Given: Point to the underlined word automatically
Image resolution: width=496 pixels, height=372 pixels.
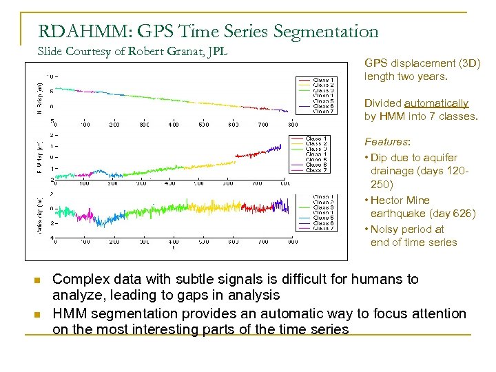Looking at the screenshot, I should [437, 103].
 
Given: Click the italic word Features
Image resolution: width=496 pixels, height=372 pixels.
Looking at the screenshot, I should [386, 142].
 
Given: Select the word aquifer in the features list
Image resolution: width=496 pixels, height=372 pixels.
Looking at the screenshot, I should [440, 158].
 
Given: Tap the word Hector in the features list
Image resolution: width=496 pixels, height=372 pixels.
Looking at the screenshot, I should [390, 200].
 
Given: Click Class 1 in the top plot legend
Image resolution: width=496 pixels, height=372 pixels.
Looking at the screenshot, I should [324, 80].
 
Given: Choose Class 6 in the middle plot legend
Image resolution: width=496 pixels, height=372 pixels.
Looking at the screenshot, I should [316, 165].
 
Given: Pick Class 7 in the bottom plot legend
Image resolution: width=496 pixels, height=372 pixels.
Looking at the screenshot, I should [323, 228].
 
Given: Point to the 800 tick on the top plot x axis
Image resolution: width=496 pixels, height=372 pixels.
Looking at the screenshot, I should [293, 125].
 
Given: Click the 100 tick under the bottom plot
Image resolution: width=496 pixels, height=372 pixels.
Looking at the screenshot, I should [85, 242].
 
